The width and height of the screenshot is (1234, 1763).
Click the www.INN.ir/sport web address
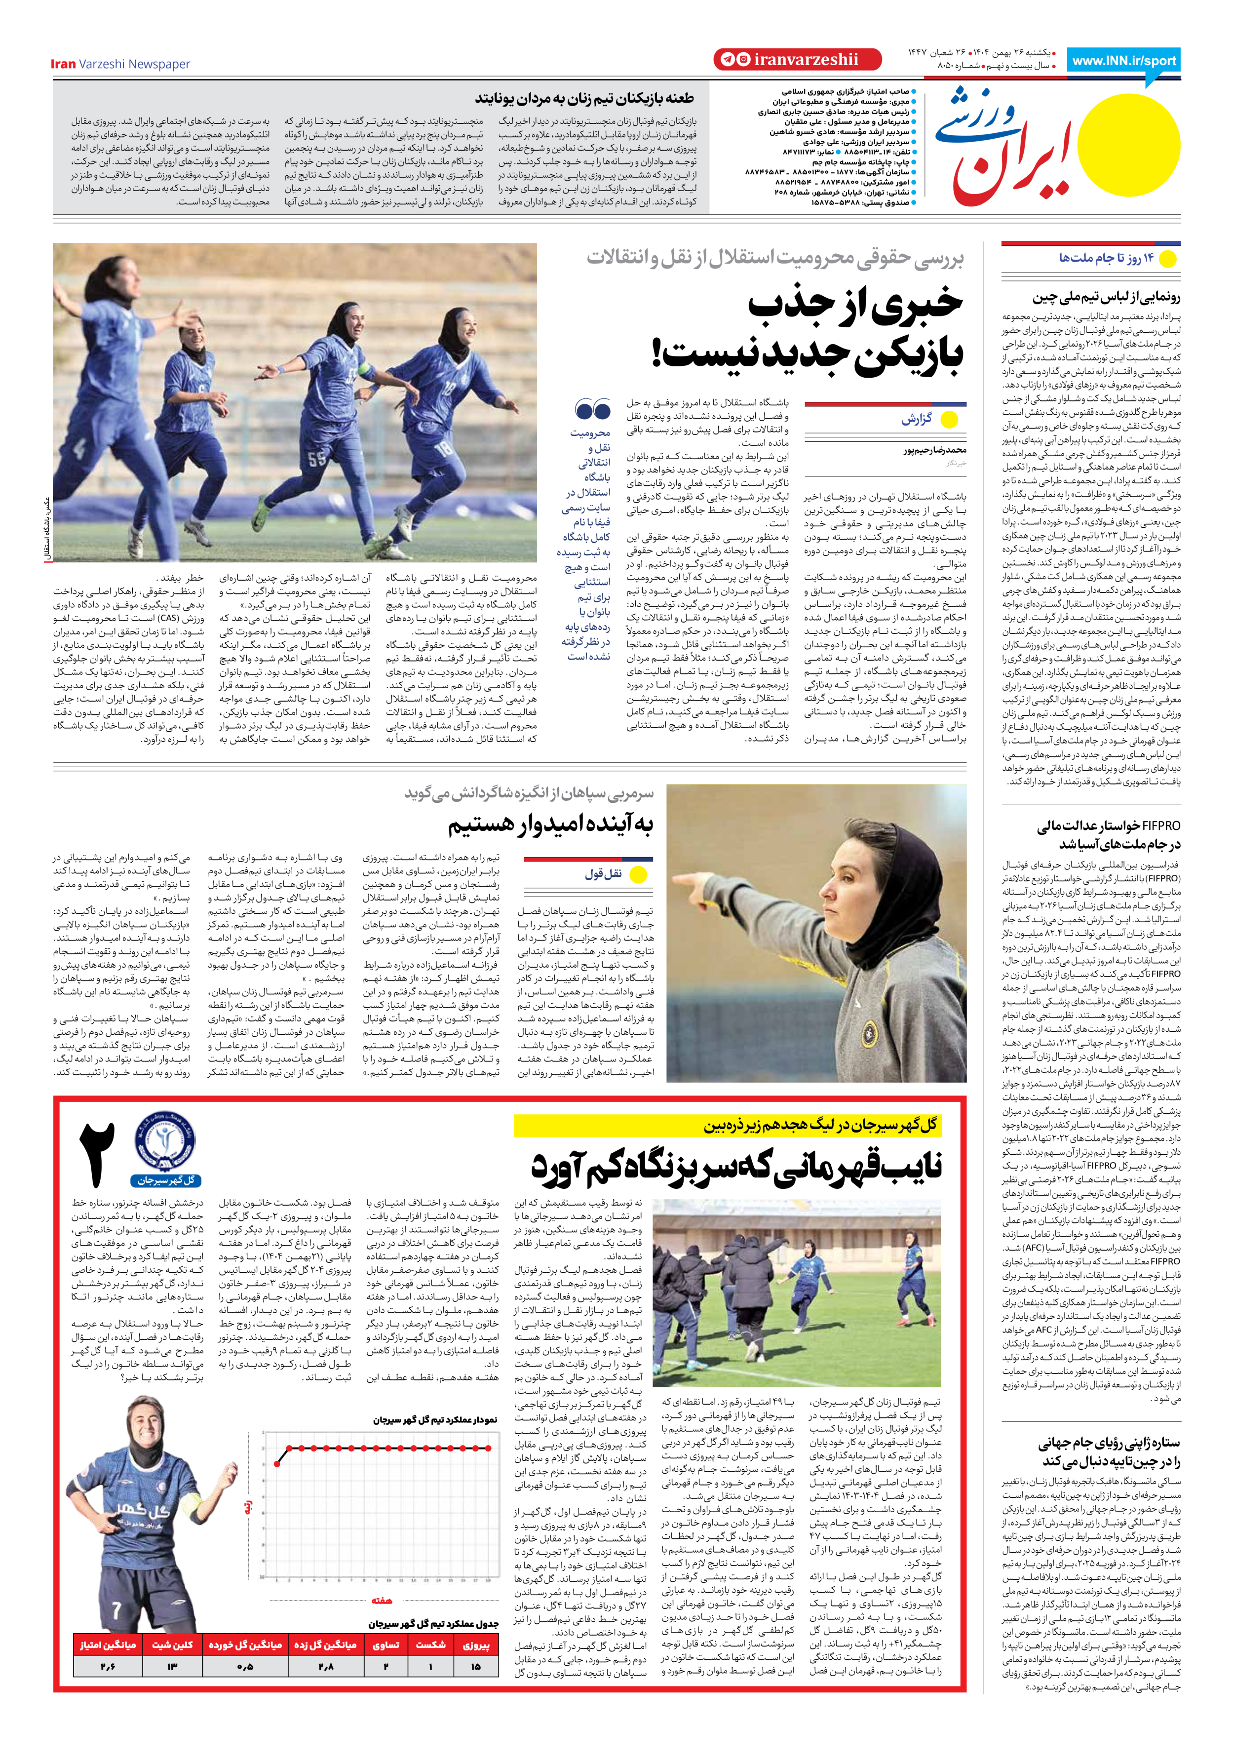(x=1124, y=61)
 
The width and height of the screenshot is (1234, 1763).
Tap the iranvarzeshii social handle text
(x=806, y=59)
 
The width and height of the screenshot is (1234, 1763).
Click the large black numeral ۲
(x=97, y=1155)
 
